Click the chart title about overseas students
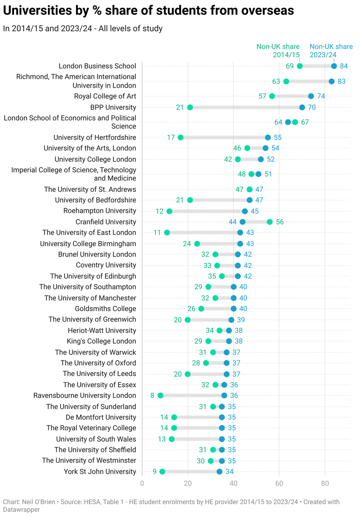pyautogui.click(x=148, y=11)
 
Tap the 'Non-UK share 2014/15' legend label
pyautogui.click(x=278, y=51)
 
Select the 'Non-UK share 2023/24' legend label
pyautogui.click(x=331, y=51)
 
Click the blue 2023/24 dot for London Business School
pyautogui.click(x=334, y=66)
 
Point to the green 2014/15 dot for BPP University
pyautogui.click(x=190, y=107)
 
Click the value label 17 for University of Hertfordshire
pyautogui.click(x=171, y=137)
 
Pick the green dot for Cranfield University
pyautogui.click(x=270, y=222)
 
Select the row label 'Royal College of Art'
pyautogui.click(x=105, y=96)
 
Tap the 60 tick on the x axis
pyautogui.click(x=279, y=483)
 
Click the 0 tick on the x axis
pyautogui.click(x=142, y=483)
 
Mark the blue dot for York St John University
pyautogui.click(x=219, y=471)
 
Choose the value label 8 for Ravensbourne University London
pyautogui.click(x=152, y=396)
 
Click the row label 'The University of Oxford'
pyautogui.click(x=98, y=363)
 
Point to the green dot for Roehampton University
pyautogui.click(x=169, y=211)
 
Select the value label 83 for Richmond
pyautogui.click(x=342, y=82)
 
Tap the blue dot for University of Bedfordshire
pyautogui.click(x=249, y=200)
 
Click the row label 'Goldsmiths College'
pyautogui.click(x=105, y=309)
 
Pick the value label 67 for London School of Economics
pyautogui.click(x=305, y=122)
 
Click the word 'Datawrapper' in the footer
pyautogui.click(x=21, y=510)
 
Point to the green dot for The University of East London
pyautogui.click(x=167, y=233)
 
